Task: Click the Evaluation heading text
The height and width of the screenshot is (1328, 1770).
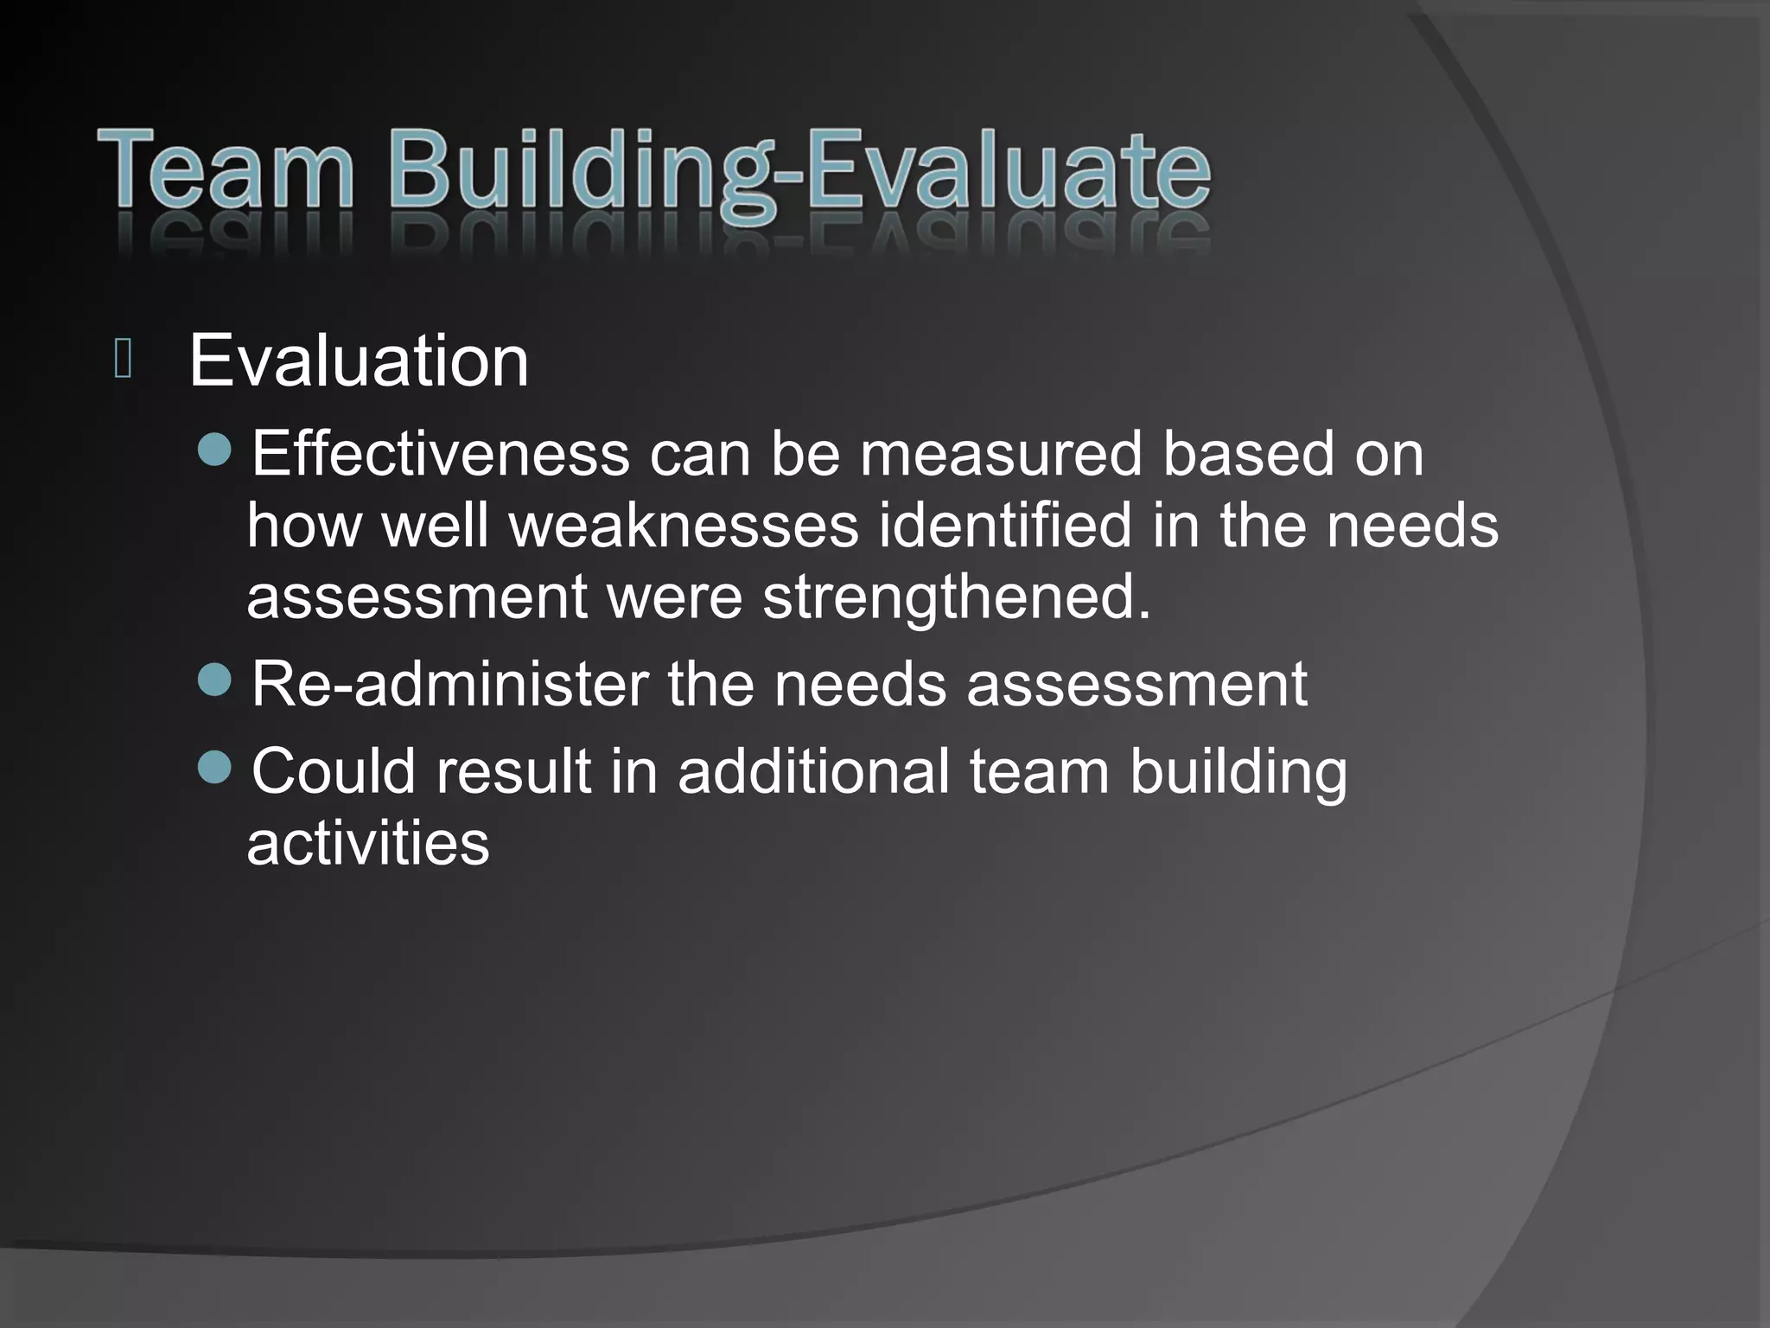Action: tap(358, 361)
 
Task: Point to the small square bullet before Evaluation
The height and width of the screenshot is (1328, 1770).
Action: tap(123, 359)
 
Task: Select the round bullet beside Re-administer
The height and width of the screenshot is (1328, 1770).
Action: tap(214, 680)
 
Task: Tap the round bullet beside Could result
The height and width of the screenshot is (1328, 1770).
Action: tap(214, 767)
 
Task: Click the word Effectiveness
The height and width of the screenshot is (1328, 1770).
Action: tap(440, 454)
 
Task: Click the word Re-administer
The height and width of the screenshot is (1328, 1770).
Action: tap(449, 685)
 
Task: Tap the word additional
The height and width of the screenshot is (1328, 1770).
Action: tap(813, 771)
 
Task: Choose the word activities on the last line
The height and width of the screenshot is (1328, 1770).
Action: tap(368, 843)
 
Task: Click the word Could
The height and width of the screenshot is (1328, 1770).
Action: tap(334, 771)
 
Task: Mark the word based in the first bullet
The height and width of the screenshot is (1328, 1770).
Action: tap(1248, 454)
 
